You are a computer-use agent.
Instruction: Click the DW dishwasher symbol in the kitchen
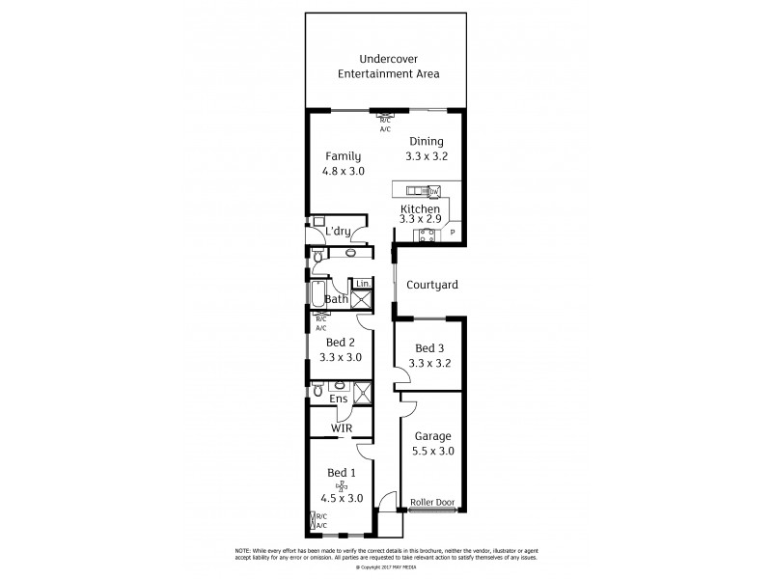tap(434, 191)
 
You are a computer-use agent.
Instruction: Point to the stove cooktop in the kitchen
tap(421, 234)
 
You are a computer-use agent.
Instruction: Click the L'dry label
tap(337, 232)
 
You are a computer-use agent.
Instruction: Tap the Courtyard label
tap(431, 286)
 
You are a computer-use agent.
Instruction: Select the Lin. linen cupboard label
tap(362, 283)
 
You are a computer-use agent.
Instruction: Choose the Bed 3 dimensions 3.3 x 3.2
tap(430, 364)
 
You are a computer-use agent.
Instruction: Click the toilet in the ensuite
tap(316, 390)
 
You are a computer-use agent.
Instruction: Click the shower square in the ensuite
tap(363, 391)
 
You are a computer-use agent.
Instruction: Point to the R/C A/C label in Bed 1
tap(319, 521)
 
